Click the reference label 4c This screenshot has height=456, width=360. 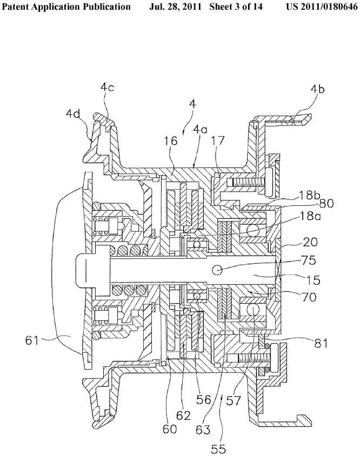pos(108,86)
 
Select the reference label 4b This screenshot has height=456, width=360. pos(317,89)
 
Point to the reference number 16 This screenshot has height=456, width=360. pos(171,141)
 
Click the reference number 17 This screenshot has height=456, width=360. pos(218,141)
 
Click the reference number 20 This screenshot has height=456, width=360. pos(310,242)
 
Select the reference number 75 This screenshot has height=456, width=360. pos(309,260)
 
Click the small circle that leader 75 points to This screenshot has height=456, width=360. pos(217,270)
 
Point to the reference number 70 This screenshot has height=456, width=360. pos(309,297)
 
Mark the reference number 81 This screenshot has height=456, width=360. pos(321,343)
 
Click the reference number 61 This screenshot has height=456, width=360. pos(32,340)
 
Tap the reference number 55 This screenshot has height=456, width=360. pos(218,449)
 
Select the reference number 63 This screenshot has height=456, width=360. pos(203,429)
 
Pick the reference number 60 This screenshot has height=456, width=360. pos(170,428)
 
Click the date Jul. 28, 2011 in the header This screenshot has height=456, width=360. pos(175,6)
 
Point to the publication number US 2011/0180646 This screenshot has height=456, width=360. pos(322,6)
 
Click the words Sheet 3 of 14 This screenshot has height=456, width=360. pos(236,6)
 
